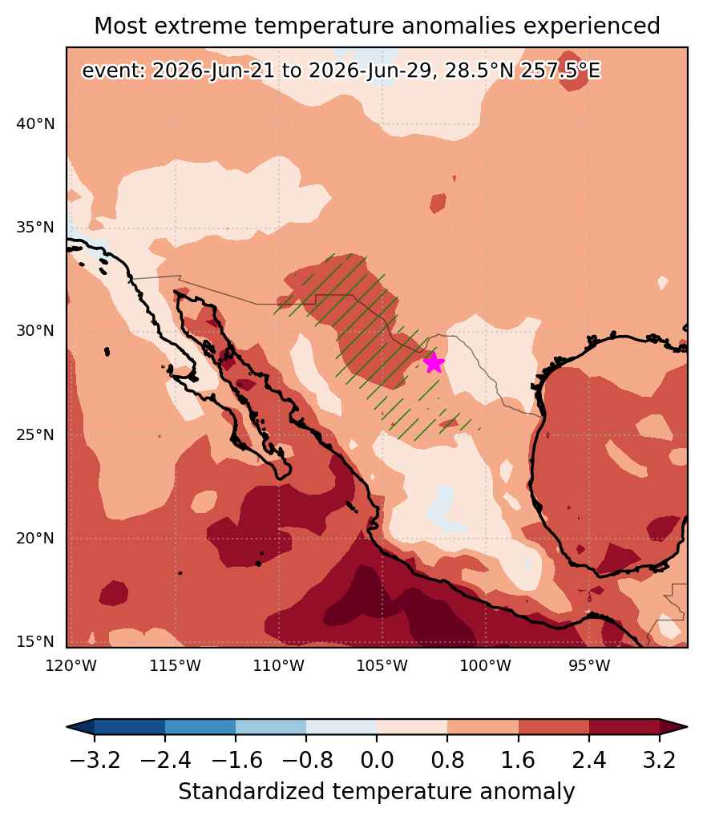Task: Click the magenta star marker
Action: pyautogui.click(x=434, y=362)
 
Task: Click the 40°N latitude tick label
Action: pyautogui.click(x=35, y=124)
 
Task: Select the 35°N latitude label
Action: pyautogui.click(x=35, y=228)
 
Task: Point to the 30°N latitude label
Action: pyautogui.click(x=35, y=330)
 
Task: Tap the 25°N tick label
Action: pyautogui.click(x=35, y=434)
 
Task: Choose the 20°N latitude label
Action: pyautogui.click(x=35, y=538)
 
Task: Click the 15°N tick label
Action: pyautogui.click(x=35, y=642)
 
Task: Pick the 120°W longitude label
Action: pyautogui.click(x=71, y=666)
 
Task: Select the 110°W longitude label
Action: pyautogui.click(x=279, y=666)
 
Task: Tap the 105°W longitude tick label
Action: pyautogui.click(x=382, y=666)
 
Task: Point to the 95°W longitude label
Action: pyautogui.click(x=589, y=666)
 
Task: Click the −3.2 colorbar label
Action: pyautogui.click(x=95, y=759)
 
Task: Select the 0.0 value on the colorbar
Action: pyautogui.click(x=377, y=759)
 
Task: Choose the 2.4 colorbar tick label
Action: pyautogui.click(x=589, y=759)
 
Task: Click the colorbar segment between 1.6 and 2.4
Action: pyautogui.click(x=554, y=727)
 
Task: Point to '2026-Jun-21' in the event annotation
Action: pyautogui.click(x=213, y=70)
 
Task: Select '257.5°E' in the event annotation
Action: pyautogui.click(x=560, y=70)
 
